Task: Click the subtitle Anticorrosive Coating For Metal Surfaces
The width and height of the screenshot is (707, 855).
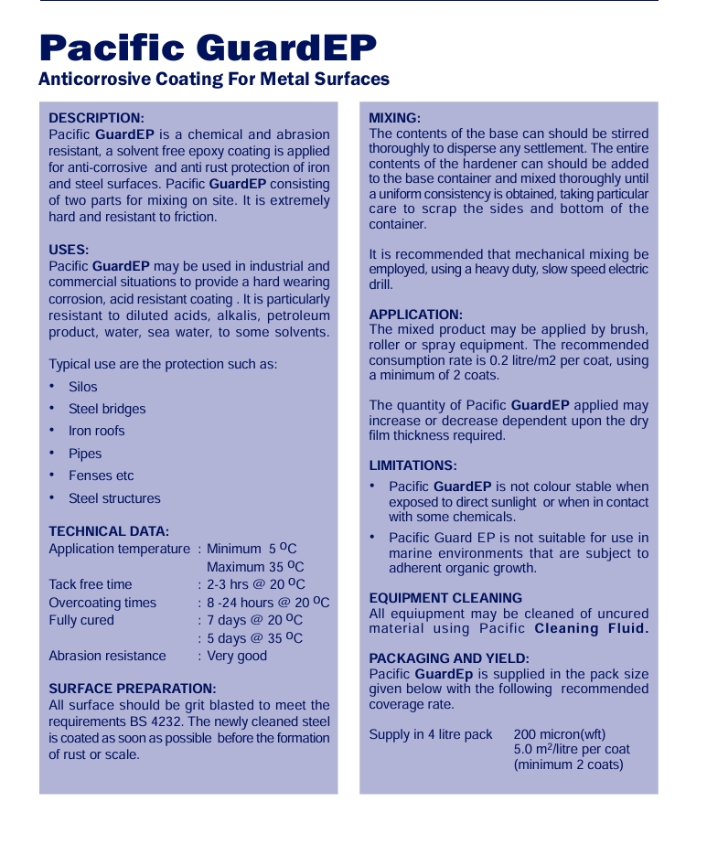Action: click(x=214, y=80)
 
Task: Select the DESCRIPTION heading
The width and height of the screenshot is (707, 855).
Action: click(x=96, y=118)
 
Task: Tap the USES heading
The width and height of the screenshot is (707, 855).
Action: click(x=69, y=250)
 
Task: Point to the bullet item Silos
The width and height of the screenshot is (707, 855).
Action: click(x=82, y=387)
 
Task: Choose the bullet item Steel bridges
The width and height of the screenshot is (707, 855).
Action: click(x=107, y=409)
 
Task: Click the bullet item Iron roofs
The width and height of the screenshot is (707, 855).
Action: click(x=96, y=431)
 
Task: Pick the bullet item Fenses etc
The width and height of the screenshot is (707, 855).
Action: click(x=101, y=476)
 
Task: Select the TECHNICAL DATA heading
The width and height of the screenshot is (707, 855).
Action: click(x=109, y=531)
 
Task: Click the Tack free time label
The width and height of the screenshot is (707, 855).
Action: click(x=91, y=584)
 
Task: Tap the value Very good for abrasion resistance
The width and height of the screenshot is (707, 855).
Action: click(x=237, y=656)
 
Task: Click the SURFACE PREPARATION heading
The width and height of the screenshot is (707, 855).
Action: click(x=133, y=689)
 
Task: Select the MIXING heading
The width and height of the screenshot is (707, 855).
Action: click(x=394, y=118)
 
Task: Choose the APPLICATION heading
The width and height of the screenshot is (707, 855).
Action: click(x=416, y=315)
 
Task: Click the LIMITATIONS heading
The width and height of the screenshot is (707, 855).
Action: click(x=412, y=465)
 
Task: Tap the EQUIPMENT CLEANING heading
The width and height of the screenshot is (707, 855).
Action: click(x=445, y=598)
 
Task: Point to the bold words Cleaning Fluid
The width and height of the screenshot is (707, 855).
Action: click(x=591, y=628)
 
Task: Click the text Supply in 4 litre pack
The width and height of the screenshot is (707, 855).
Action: click(x=431, y=734)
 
